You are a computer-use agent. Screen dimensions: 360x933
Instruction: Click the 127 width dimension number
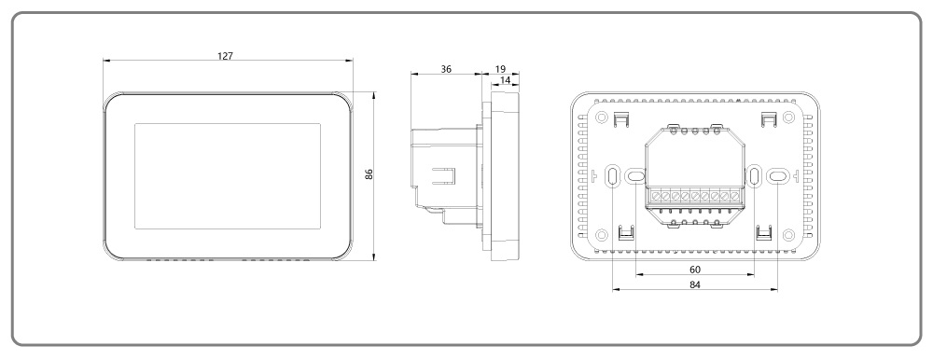225,56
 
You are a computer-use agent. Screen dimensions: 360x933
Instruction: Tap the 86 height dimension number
369,175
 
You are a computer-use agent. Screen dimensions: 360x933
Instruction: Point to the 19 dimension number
500,70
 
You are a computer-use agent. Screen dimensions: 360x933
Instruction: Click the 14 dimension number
505,82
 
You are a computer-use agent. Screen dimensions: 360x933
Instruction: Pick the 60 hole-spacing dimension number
694,269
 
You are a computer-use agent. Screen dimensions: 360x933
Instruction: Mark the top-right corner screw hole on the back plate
789,118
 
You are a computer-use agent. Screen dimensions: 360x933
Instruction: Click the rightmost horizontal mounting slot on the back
777,174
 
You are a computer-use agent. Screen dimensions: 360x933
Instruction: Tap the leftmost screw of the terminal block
656,198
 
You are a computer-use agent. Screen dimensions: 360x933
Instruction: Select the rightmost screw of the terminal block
735,198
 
